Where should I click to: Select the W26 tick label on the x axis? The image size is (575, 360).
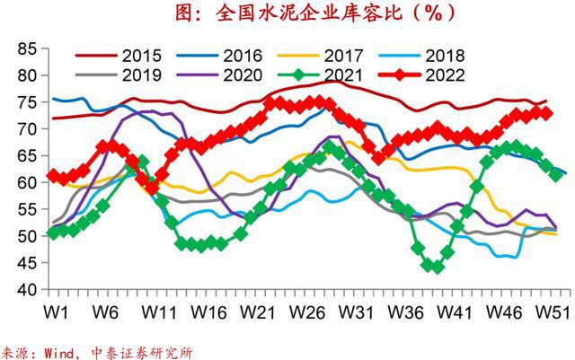click(308, 312)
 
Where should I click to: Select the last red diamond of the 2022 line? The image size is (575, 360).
click(544, 113)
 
